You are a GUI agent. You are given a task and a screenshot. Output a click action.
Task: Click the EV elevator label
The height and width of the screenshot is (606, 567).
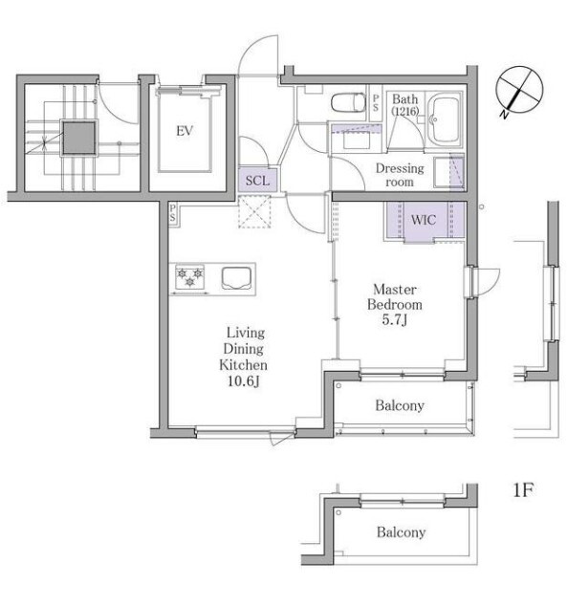coord(185,131)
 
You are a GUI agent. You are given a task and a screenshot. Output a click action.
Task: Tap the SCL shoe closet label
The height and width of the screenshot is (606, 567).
coord(257,180)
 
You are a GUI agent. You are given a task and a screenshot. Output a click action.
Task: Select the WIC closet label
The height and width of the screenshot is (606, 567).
coord(424,220)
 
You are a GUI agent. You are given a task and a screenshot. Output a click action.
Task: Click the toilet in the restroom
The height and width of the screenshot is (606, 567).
coord(348,102)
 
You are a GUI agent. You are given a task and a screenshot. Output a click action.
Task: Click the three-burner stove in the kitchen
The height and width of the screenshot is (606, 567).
coord(189,277)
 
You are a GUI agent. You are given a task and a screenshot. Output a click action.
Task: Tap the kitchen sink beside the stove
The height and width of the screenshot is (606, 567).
coord(236,278)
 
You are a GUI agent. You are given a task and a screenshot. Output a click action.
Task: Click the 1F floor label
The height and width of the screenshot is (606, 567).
coord(523,490)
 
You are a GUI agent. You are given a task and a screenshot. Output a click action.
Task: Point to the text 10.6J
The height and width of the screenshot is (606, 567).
coord(243,381)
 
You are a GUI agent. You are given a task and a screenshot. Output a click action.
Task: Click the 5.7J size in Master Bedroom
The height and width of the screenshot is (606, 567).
coord(394,319)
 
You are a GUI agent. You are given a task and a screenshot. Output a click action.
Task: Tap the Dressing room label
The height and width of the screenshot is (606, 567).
coord(400,175)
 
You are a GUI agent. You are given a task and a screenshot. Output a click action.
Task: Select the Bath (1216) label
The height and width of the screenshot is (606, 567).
coord(405,105)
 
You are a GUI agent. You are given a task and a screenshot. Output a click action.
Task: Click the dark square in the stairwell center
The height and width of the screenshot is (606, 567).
coord(79,138)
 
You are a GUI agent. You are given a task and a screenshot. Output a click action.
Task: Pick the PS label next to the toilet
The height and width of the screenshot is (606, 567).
coord(376,103)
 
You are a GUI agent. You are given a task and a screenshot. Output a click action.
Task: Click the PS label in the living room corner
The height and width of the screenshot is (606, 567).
coord(172,214)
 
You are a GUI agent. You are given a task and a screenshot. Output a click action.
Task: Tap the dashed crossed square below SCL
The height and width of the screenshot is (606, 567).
coord(254,211)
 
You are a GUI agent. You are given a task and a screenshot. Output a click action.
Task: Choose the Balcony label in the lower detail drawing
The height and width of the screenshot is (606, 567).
coord(401,532)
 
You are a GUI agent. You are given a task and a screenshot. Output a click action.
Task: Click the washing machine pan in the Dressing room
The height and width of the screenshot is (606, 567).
coord(447,172)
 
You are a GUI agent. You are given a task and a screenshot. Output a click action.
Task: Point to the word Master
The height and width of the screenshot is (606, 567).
coord(395,289)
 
